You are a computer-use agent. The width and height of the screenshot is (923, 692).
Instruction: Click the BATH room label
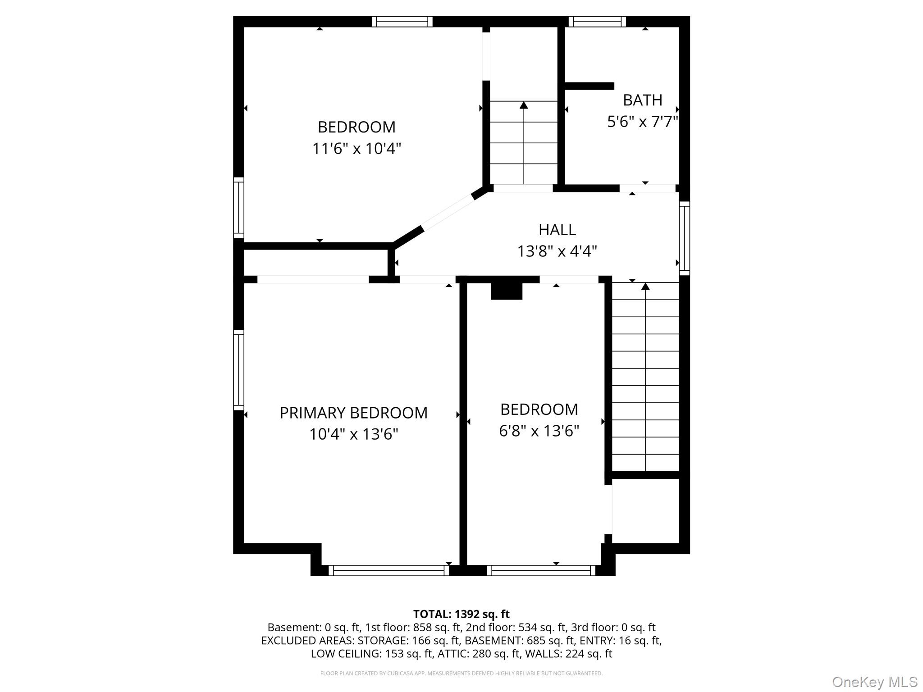pyautogui.click(x=642, y=100)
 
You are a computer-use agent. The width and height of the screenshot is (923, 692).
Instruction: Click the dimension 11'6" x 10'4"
pyautogui.click(x=356, y=148)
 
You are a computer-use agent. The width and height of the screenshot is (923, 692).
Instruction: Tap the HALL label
pyautogui.click(x=557, y=230)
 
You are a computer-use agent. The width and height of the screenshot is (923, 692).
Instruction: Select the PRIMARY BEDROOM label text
pyautogui.click(x=353, y=413)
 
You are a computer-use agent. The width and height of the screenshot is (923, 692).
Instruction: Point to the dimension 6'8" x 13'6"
pyautogui.click(x=539, y=431)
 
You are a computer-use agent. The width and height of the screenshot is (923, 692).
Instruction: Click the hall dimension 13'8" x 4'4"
pyautogui.click(x=557, y=251)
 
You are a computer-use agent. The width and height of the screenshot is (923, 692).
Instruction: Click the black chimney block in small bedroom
pyautogui.click(x=506, y=291)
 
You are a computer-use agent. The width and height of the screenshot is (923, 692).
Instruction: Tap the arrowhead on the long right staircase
pyautogui.click(x=645, y=287)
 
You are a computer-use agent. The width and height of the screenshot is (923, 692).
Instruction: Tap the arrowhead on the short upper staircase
pyautogui.click(x=523, y=105)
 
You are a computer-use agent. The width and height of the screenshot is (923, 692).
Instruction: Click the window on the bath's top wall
pyautogui.click(x=597, y=22)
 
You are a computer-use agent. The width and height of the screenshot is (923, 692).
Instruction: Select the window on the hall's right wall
pyautogui.click(x=684, y=238)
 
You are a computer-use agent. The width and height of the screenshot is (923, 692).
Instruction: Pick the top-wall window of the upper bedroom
pyautogui.click(x=402, y=22)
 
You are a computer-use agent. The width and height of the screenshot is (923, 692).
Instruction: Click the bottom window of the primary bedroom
pyautogui.click(x=388, y=570)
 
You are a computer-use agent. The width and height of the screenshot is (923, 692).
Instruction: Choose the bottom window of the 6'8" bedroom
pyautogui.click(x=541, y=570)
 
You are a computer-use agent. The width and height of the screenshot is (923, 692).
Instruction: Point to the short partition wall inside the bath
pyautogui.click(x=589, y=86)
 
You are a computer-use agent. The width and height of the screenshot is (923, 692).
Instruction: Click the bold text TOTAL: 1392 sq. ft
pyautogui.click(x=461, y=614)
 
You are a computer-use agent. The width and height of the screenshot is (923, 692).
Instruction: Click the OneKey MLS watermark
pyautogui.click(x=874, y=682)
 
